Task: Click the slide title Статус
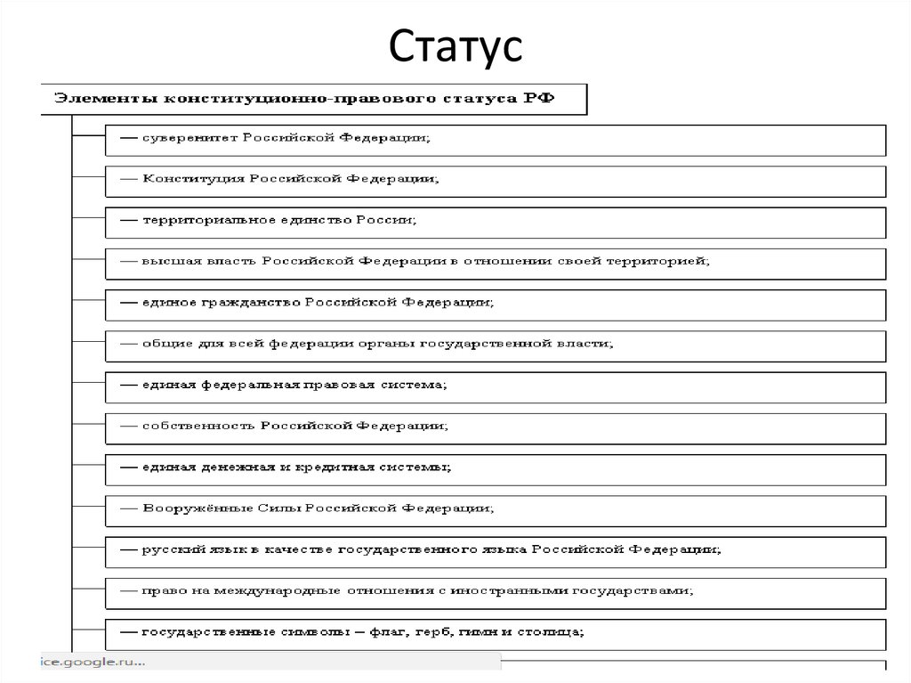tap(455, 47)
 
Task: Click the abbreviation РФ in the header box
tap(538, 98)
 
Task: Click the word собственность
tap(198, 427)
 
